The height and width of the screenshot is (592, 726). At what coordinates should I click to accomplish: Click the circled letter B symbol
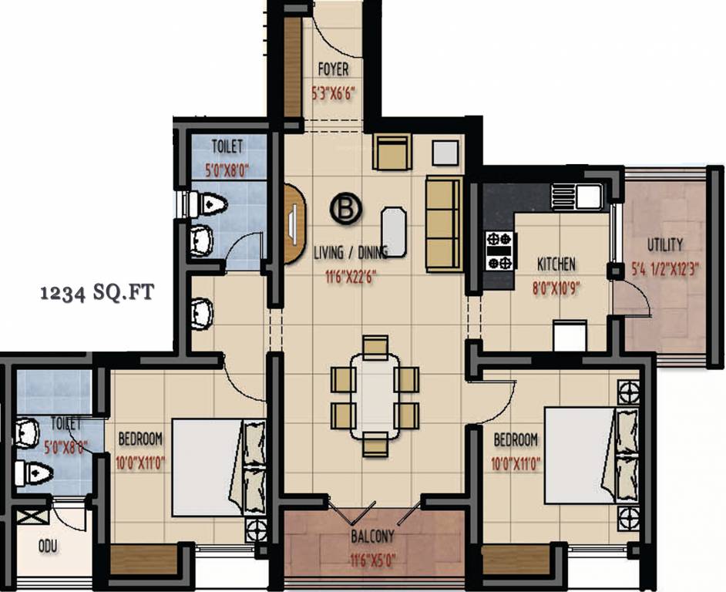pos(346,208)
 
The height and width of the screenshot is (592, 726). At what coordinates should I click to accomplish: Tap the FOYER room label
pos(333,70)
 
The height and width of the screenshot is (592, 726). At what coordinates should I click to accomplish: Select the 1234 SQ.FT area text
pos(97,293)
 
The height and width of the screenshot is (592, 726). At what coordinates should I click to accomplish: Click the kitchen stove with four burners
pos(499,251)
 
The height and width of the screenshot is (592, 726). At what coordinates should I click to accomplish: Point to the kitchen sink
pos(587,197)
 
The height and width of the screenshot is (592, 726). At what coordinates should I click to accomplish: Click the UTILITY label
pos(664,245)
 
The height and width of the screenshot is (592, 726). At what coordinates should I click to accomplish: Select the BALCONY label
pos(373,536)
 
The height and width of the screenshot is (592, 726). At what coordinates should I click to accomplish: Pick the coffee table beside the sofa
pos(394,230)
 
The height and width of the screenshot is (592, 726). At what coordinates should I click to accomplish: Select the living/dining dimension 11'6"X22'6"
pos(348,270)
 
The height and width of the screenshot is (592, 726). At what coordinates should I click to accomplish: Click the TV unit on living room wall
pos(294,224)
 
